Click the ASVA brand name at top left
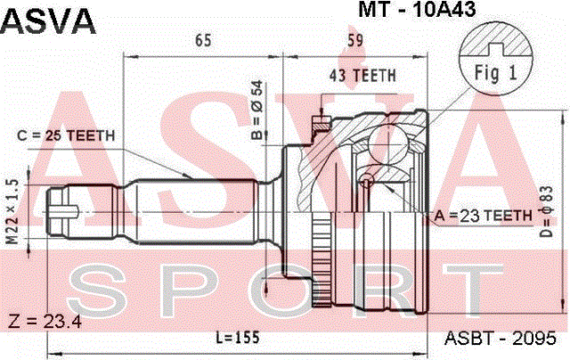tap(48, 21)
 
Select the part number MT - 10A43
tap(417, 9)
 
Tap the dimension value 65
tap(203, 40)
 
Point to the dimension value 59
tap(354, 40)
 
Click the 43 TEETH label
tap(362, 76)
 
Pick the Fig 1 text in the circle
tap(495, 73)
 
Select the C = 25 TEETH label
tap(66, 135)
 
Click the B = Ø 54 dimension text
tap(257, 110)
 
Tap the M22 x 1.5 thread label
tap(12, 212)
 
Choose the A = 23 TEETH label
tap(483, 216)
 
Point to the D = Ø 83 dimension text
tap(546, 211)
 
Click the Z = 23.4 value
tap(45, 321)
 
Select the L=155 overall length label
tap(238, 338)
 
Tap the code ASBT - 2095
tap(501, 339)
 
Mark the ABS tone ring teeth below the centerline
tap(322, 259)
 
